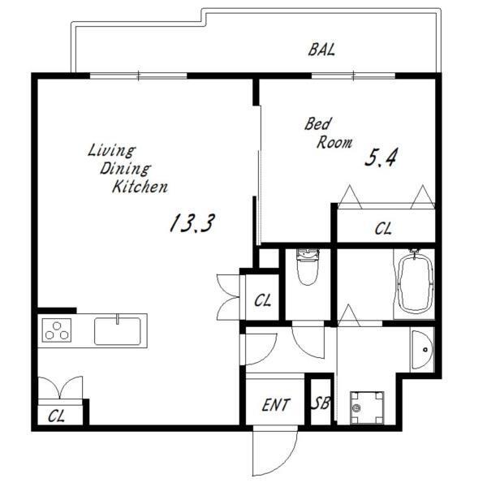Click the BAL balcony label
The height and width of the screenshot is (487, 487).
tap(321, 50)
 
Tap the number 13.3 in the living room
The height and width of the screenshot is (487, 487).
tap(192, 223)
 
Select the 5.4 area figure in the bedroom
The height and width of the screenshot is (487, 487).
tap(381, 157)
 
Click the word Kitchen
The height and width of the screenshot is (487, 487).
tap(140, 187)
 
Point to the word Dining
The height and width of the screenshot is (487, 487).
tap(125, 170)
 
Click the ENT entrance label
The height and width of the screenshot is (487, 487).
tap(276, 405)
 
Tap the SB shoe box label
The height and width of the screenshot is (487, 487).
tap(321, 403)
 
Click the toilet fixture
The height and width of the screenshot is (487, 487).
tap(308, 266)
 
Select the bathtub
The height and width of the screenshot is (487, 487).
tap(416, 284)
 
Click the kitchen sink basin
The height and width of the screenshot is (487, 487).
tap(118, 331)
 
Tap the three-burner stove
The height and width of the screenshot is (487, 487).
tap(57, 330)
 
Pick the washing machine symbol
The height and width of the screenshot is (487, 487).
tap(367, 407)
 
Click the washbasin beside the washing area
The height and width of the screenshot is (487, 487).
tap(422, 350)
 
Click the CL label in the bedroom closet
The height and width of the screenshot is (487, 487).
tap(383, 229)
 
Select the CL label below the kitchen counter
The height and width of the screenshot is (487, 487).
tap(56, 416)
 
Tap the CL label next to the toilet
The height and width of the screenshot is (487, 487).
tap(262, 300)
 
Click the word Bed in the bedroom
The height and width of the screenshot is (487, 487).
tap(318, 124)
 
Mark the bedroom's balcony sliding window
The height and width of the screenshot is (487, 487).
tap(353, 75)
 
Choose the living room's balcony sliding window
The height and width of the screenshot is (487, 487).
tap(139, 75)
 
